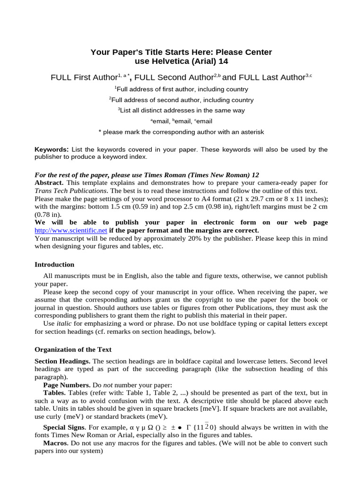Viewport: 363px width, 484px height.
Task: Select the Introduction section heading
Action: pos(54,264)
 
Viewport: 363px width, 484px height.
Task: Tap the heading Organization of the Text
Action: pos(73,349)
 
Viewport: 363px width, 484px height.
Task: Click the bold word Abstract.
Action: pos(50,182)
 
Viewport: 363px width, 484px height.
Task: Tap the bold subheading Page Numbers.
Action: pos(66,385)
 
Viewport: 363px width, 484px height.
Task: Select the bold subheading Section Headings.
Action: pos(63,361)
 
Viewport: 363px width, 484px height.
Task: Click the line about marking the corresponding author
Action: pos(181,132)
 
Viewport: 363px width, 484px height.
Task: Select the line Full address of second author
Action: pos(181,100)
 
